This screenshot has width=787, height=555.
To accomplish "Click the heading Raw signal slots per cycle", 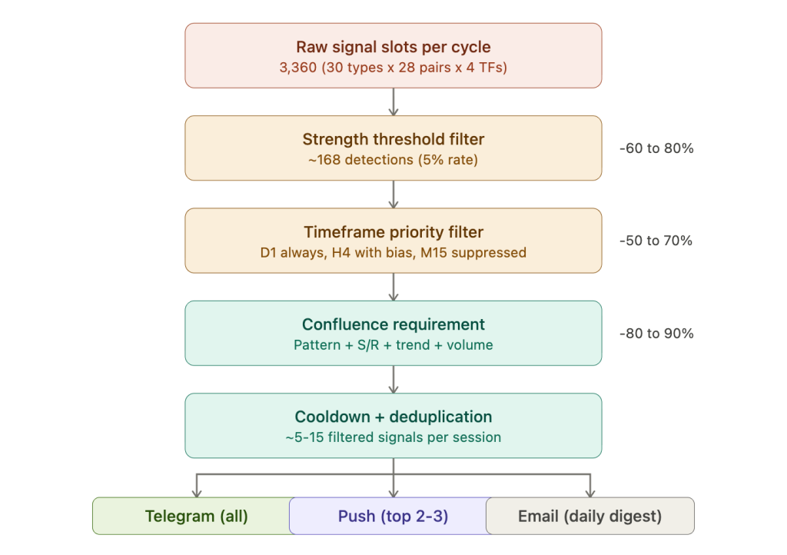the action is pos(393,47).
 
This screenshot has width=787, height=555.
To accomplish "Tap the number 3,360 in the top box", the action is pos(298,67).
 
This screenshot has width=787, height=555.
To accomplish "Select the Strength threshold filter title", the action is pos(393,139).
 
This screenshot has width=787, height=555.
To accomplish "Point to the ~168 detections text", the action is pos(360,160).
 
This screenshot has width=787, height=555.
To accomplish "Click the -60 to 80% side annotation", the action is pos(656,148).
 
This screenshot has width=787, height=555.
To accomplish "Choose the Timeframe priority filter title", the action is pos(393,232).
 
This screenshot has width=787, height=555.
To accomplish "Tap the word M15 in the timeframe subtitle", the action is pos(433,252).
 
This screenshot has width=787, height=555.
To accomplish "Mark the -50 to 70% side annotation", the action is pos(656,241).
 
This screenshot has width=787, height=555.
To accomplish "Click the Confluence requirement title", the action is pos(393,324).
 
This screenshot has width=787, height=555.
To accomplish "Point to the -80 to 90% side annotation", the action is pos(656,333).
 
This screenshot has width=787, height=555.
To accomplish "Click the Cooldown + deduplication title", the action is pos(393,417).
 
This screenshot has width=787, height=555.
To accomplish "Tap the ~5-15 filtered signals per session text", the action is pos(393,437).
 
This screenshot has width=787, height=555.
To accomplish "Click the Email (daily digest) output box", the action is pos(589,516).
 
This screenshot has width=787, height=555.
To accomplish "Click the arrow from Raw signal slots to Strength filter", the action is pos(393,102).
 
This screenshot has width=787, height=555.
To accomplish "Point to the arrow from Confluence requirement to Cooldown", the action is pos(393,380).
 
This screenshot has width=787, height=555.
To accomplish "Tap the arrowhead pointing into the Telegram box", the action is pos(197,494).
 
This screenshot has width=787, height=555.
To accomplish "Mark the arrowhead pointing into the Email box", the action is pos(590,494).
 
